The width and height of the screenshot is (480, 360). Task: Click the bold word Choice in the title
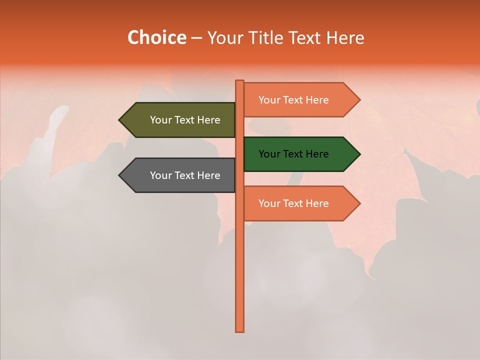coord(156,38)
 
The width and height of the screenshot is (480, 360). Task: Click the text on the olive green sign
coord(185,120)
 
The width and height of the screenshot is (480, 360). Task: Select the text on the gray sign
coord(185,175)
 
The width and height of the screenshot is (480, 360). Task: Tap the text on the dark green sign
coord(293,154)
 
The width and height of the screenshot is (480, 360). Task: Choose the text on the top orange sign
coord(293,100)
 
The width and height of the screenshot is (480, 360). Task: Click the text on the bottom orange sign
coord(293,203)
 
